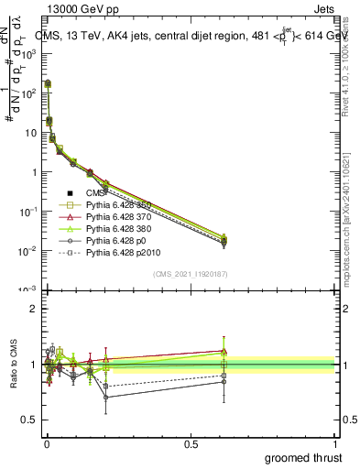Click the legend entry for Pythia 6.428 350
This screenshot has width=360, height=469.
pyautogui.click(x=116, y=204)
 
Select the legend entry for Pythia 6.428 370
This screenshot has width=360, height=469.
pyautogui.click(x=116, y=216)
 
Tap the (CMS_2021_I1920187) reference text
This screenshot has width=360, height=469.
pyautogui.click(x=190, y=274)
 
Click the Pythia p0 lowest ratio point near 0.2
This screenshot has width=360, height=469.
pyautogui.click(x=106, y=398)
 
